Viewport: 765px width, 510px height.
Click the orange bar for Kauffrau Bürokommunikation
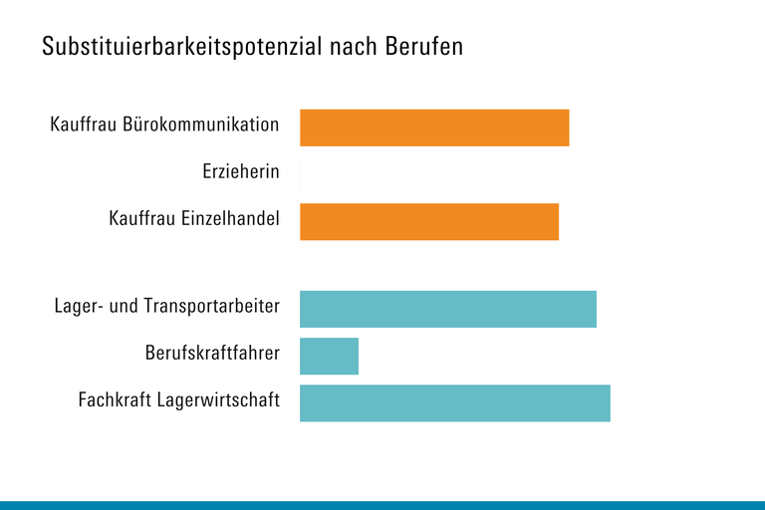[x=434, y=127]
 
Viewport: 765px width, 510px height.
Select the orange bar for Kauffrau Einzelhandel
[x=429, y=221]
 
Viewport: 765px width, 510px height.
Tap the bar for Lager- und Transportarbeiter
[x=448, y=309]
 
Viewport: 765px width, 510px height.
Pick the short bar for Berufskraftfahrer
[x=329, y=356]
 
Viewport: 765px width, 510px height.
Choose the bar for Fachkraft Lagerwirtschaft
[x=455, y=402]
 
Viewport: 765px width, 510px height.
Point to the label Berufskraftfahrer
[x=212, y=354]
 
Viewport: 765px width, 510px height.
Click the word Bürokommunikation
[x=201, y=126]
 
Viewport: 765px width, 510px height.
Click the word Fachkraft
[x=115, y=400]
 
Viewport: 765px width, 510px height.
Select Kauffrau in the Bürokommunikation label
[x=84, y=126]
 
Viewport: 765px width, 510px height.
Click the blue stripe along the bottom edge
[x=382, y=505]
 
